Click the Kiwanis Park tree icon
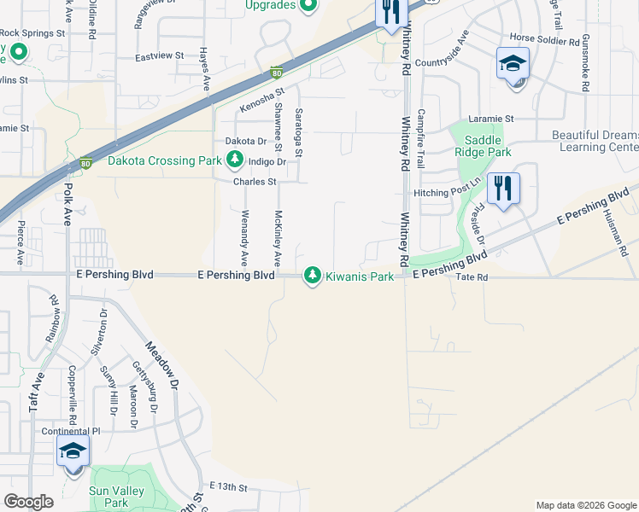[x=313, y=275]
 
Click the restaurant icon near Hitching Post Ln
[x=503, y=189]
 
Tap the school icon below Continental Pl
[x=73, y=451]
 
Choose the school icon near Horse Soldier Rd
[x=513, y=64]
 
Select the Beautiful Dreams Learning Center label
[x=595, y=141]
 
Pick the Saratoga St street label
[x=299, y=132]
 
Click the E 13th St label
[x=226, y=487]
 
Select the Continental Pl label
[x=71, y=431]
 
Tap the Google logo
[x=28, y=502]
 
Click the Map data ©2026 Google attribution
[x=585, y=505]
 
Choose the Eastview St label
[x=160, y=55]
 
